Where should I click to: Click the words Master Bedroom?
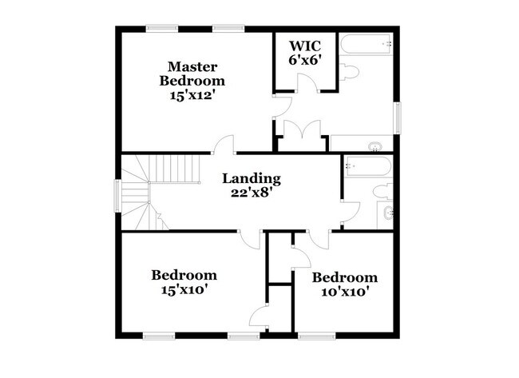click(x=192, y=73)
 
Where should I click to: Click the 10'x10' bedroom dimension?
click(x=344, y=292)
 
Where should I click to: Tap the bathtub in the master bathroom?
click(x=365, y=44)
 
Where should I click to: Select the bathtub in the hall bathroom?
click(x=366, y=167)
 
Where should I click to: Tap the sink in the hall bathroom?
click(x=388, y=213)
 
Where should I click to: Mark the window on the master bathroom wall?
click(x=397, y=116)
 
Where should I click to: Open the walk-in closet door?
click(x=299, y=85)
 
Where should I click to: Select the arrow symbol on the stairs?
click(x=159, y=216)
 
